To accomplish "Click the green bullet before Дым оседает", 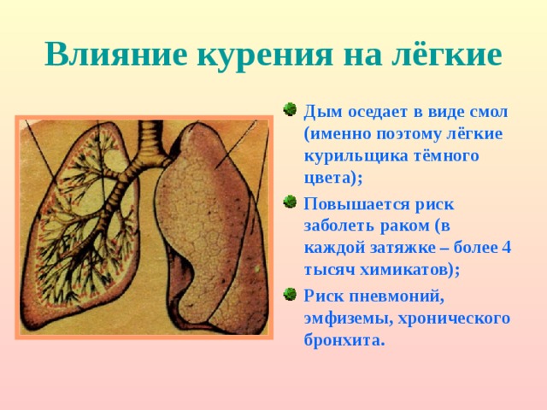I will coord(289,109).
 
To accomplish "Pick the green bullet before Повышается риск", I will coord(289,202).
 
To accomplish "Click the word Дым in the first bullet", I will coord(321,112).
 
